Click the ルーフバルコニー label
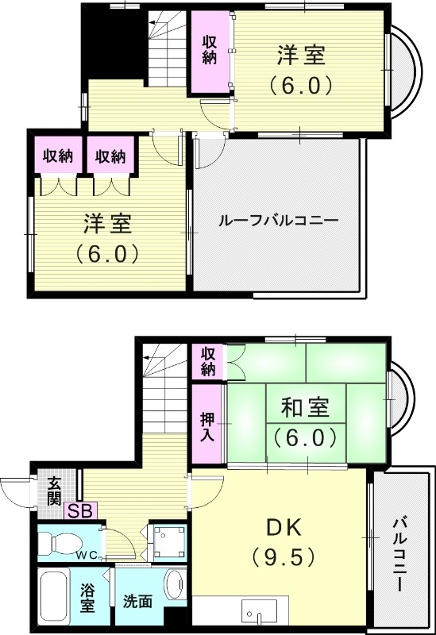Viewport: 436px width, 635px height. pos(278,221)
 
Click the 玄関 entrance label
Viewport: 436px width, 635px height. pos(54,491)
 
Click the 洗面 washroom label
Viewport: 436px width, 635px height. pos(137,602)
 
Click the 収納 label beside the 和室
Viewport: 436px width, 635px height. pos(207,361)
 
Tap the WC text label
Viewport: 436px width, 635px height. pos(87,556)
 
